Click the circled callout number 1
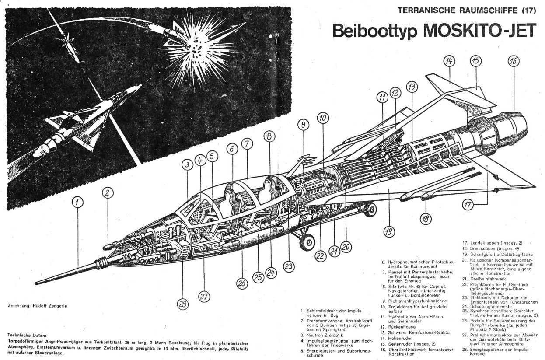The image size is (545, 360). (77, 202)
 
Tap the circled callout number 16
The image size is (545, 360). (514, 61)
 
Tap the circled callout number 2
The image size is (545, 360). (108, 192)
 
